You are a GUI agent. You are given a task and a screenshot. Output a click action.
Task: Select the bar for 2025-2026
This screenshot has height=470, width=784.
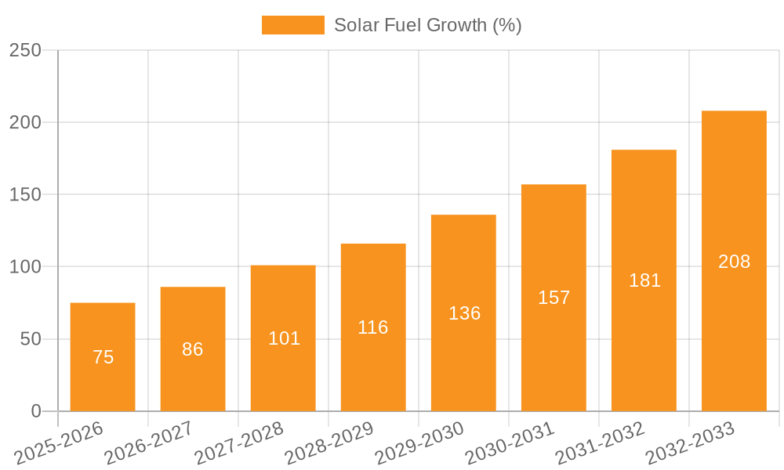pyautogui.click(x=103, y=329)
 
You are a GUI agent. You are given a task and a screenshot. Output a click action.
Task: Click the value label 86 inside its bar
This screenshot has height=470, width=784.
pyautogui.click(x=193, y=349)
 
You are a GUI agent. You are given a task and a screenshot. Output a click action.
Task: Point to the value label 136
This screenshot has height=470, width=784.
pyautogui.click(x=464, y=313)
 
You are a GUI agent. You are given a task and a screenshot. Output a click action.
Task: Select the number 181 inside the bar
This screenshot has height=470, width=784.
pyautogui.click(x=644, y=280)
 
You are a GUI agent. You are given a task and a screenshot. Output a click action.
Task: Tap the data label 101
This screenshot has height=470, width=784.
pyautogui.click(x=284, y=338)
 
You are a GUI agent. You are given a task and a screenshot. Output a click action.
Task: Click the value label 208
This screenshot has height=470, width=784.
pyautogui.click(x=734, y=262)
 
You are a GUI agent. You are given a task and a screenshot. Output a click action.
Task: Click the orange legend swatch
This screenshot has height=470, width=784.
pyautogui.click(x=292, y=25)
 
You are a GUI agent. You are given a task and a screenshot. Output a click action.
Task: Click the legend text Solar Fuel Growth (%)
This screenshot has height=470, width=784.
pyautogui.click(x=427, y=25)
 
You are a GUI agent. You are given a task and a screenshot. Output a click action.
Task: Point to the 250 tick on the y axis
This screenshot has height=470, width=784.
pyautogui.click(x=25, y=50)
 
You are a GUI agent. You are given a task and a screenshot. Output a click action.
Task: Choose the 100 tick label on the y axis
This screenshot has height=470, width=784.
pyautogui.click(x=25, y=267)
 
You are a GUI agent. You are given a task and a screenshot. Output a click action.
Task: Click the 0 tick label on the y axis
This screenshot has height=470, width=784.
pyautogui.click(x=36, y=411)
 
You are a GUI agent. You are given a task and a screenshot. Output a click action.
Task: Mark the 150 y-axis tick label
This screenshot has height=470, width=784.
pyautogui.click(x=25, y=195)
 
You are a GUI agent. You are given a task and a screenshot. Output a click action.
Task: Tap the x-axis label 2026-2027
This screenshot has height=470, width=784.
pyautogui.click(x=149, y=444)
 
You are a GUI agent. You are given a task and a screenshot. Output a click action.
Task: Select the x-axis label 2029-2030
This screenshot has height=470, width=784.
pyautogui.click(x=419, y=444)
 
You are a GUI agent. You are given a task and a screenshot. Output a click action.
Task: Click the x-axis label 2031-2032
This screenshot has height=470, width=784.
pyautogui.click(x=600, y=444)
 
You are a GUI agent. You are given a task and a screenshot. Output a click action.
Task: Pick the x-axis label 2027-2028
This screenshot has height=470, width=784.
pyautogui.click(x=239, y=444)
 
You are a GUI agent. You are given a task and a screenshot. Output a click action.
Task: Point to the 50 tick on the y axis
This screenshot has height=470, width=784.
pyautogui.click(x=30, y=339)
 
